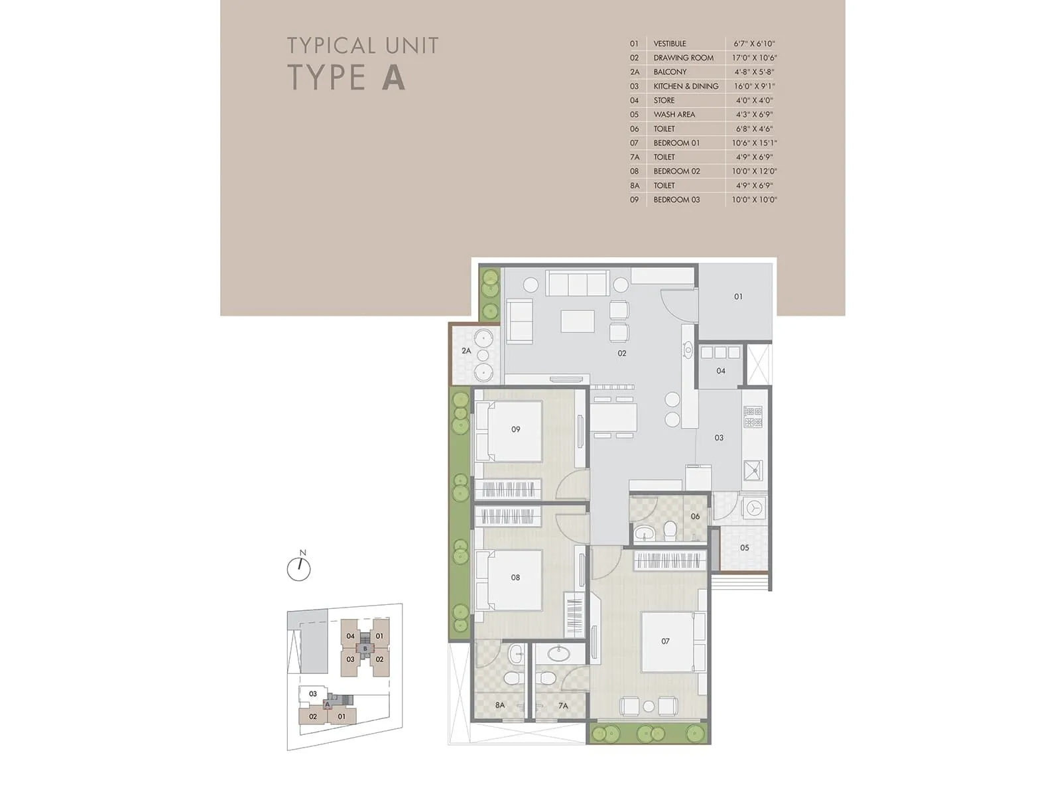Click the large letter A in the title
393,77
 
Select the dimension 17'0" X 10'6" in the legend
754,58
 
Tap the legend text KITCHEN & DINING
686,86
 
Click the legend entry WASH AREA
674,114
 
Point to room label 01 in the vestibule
738,297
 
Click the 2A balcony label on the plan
466,351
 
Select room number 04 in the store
721,371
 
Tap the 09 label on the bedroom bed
515,429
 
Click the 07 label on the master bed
665,641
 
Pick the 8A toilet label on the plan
499,705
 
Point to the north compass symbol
299,568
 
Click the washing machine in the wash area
754,508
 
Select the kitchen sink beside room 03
753,470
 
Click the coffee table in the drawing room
578,321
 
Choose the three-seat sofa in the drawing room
578,283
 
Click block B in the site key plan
365,648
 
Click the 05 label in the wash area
744,548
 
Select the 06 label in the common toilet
695,516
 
